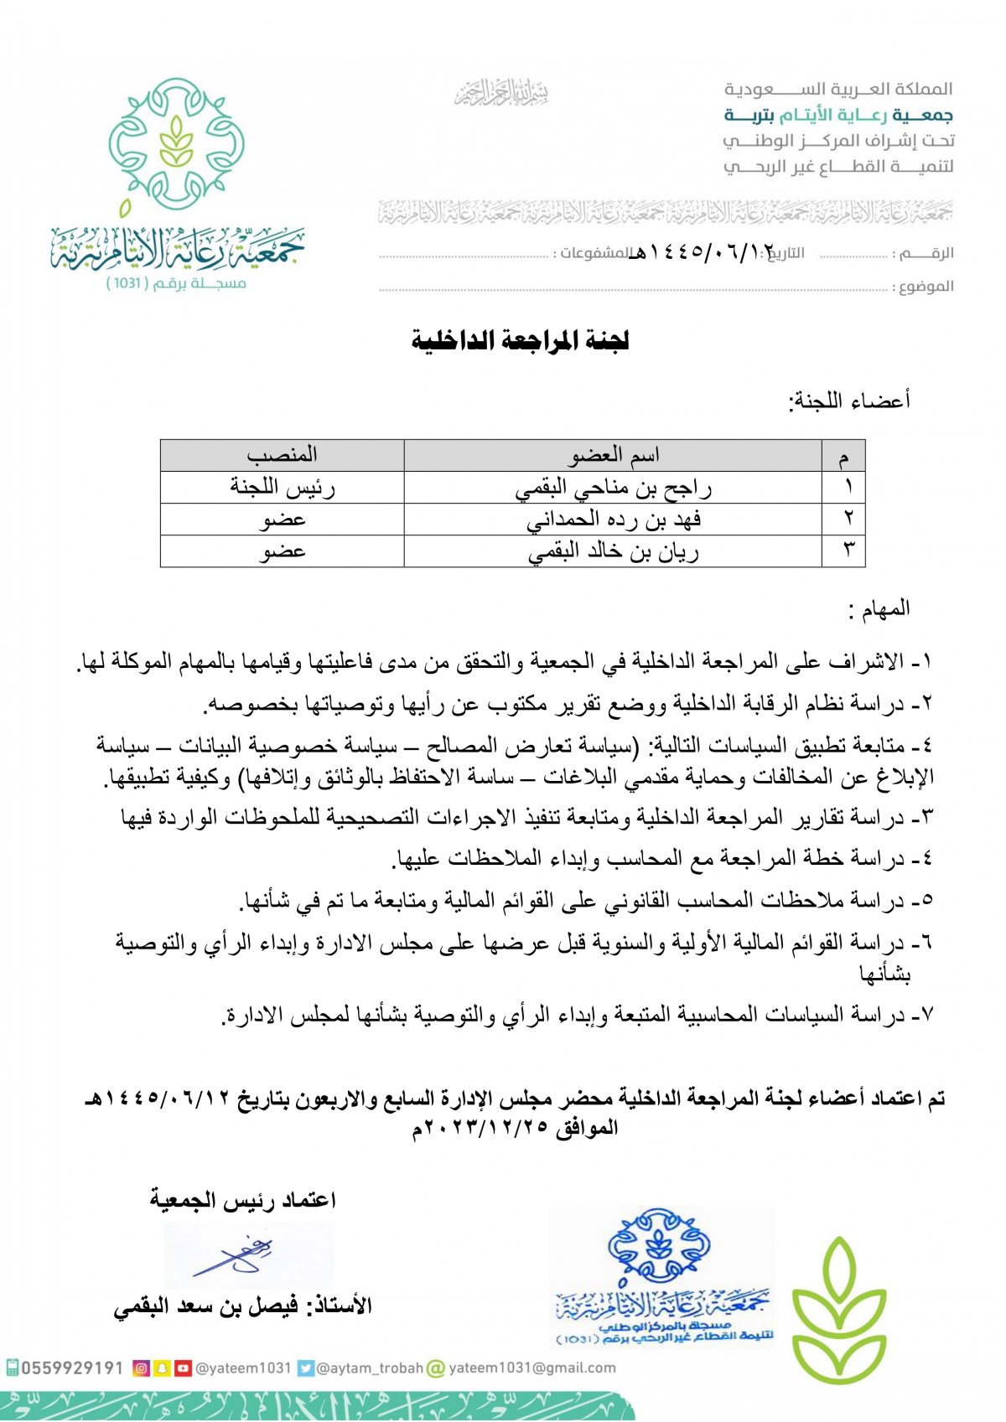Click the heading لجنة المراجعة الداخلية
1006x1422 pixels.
click(520, 340)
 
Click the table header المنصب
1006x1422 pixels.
click(282, 455)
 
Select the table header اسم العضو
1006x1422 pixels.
click(614, 455)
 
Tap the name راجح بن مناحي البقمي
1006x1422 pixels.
click(613, 488)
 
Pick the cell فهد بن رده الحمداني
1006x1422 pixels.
click(613, 520)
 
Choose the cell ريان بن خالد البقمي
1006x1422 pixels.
click(613, 551)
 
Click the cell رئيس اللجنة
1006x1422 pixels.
click(282, 488)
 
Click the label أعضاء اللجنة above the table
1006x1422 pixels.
click(848, 401)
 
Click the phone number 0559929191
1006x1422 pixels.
click(72, 1368)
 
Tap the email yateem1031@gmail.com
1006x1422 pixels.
click(532, 1368)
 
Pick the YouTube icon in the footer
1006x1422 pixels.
click(183, 1368)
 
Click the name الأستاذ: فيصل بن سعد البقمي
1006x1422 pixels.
click(243, 1306)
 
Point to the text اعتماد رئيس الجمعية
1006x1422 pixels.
click(243, 1200)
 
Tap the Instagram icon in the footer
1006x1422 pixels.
click(142, 1368)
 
